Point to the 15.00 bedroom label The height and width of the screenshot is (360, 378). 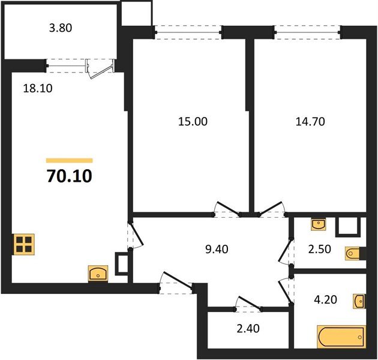(x=193, y=121)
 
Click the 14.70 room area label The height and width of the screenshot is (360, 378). (x=310, y=121)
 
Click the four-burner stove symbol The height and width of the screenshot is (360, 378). (x=24, y=245)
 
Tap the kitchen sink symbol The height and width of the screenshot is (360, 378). (x=98, y=274)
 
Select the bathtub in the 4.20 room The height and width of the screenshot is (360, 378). (x=341, y=337)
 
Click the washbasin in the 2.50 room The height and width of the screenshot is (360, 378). (x=319, y=225)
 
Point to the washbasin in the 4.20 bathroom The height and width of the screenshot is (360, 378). (x=359, y=300)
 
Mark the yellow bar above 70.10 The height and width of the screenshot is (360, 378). (x=69, y=161)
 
